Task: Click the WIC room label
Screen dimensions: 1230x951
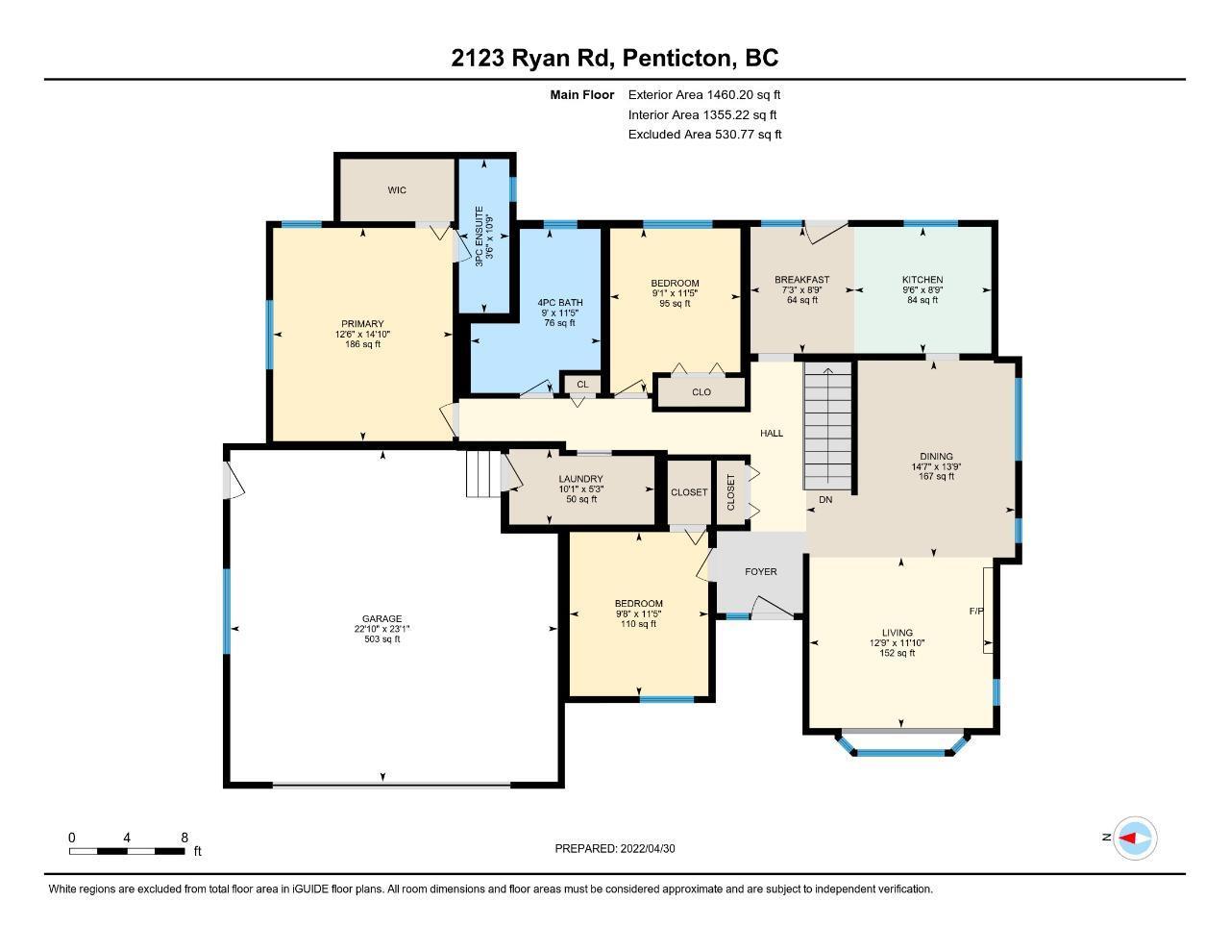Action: coord(397,190)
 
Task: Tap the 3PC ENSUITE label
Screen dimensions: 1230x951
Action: coord(480,237)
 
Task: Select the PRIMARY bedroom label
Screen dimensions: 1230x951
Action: coord(362,324)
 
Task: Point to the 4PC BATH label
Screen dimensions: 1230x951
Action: coord(560,303)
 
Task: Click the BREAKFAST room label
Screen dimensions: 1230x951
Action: coord(802,280)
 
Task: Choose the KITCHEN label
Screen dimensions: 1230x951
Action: coord(922,280)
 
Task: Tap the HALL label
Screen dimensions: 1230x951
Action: coord(772,434)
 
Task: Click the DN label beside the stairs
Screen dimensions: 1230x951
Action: coord(825,500)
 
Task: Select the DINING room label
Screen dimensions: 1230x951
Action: coord(936,457)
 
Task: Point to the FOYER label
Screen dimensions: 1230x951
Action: coord(761,572)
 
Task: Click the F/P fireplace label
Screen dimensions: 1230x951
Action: coord(976,612)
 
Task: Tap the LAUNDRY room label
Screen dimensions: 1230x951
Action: coord(580,479)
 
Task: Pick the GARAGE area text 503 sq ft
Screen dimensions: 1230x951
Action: coord(382,639)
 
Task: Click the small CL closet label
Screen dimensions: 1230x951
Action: coord(582,385)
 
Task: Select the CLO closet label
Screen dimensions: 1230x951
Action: coord(701,392)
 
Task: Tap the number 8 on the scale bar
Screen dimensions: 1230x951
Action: coord(184,838)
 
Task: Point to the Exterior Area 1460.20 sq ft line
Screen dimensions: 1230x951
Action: coord(704,95)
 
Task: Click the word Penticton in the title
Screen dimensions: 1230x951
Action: coord(676,59)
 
